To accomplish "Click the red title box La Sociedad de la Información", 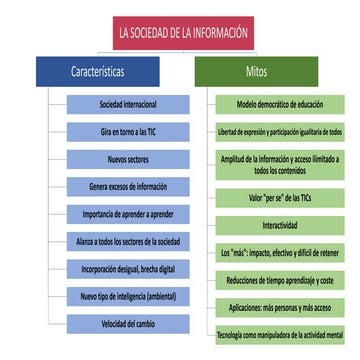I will (x=180, y=32).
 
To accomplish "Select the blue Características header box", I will (x=97, y=72).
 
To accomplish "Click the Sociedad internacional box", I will (x=127, y=104).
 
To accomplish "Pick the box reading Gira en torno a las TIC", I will (x=127, y=131).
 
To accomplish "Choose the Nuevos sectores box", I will (x=127, y=159).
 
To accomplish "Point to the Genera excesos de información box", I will (x=127, y=186).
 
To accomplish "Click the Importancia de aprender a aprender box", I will (x=127, y=214).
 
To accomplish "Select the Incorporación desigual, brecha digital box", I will (x=127, y=269).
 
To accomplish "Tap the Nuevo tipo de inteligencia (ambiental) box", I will (x=127, y=296).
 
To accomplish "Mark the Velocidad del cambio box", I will (x=127, y=323).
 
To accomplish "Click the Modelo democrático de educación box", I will (x=280, y=104).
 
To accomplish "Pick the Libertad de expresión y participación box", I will (x=280, y=131).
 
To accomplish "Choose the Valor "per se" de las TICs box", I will (x=280, y=197).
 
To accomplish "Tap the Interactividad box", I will (x=280, y=225).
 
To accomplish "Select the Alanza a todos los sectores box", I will (x=127, y=241).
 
